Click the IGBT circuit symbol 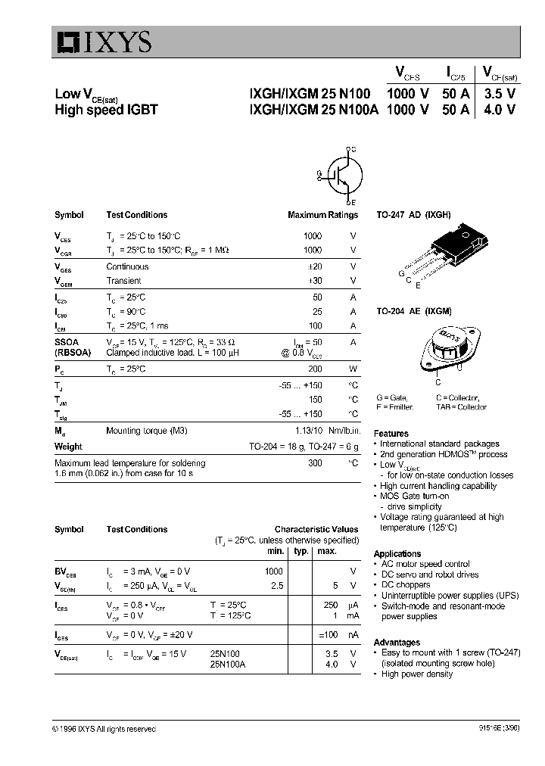[x=342, y=176]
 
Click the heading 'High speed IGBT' [x=106, y=110]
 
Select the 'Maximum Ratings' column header [x=322, y=215]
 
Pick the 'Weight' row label [x=68, y=447]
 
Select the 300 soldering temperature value [x=314, y=462]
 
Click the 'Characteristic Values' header [x=316, y=529]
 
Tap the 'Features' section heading [x=391, y=432]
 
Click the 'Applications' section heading [x=397, y=553]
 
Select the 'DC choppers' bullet [x=405, y=585]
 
